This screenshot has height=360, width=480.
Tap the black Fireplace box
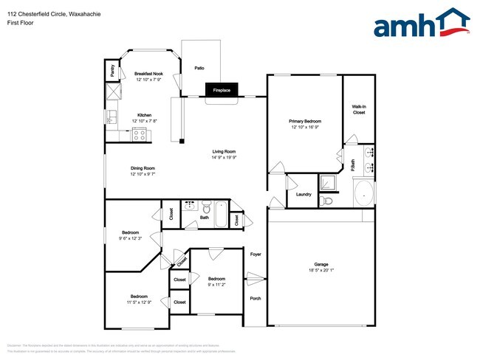pyautogui.click(x=222, y=90)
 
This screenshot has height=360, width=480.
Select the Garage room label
pyautogui.click(x=321, y=264)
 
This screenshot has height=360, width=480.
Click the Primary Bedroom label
pyautogui.click(x=305, y=120)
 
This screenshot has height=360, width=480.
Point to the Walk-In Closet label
pyautogui.click(x=359, y=110)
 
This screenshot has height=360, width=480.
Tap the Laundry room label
pyautogui.click(x=304, y=195)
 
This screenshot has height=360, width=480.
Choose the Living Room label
pyautogui.click(x=223, y=151)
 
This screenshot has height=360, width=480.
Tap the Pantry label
pyautogui.click(x=112, y=72)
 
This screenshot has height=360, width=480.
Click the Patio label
pyautogui.click(x=199, y=67)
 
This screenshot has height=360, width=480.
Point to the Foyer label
pyautogui.click(x=256, y=254)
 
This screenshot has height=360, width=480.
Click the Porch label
pyautogui.click(x=256, y=299)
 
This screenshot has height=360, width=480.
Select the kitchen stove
pyautogui.click(x=139, y=134)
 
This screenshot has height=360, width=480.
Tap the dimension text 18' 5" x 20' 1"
pyautogui.click(x=321, y=271)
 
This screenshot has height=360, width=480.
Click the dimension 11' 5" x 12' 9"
pyautogui.click(x=140, y=302)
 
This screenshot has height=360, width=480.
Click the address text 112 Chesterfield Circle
pyautogui.click(x=52, y=9)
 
